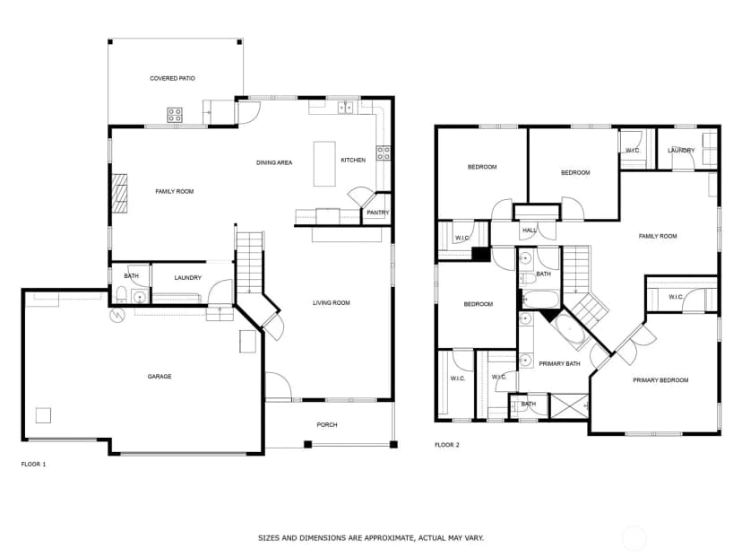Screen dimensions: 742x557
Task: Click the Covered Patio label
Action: (172, 78)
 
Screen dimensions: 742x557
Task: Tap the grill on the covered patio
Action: (175, 115)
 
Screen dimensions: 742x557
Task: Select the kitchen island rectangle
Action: (324, 164)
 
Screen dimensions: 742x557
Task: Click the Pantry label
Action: (377, 213)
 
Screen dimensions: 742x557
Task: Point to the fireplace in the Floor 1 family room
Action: (120, 193)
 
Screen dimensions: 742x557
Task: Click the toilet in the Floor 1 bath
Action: (121, 294)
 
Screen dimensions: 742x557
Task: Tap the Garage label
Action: (160, 377)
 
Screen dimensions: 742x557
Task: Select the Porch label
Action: (327, 425)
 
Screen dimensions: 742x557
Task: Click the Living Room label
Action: (332, 302)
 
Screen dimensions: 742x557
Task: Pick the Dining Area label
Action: (274, 162)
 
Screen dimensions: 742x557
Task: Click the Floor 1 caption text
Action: (33, 465)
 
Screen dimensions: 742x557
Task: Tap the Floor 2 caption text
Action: (447, 445)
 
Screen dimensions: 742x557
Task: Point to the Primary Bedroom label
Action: (660, 380)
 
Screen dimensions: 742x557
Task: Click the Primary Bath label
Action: (559, 364)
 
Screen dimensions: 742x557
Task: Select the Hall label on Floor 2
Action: (530, 231)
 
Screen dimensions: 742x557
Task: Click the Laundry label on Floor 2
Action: (681, 150)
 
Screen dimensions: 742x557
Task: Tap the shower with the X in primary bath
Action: (569, 406)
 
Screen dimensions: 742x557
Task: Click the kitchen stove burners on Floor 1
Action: (384, 152)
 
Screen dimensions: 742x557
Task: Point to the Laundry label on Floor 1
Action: (188, 277)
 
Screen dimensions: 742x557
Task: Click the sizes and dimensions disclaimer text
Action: (371, 538)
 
